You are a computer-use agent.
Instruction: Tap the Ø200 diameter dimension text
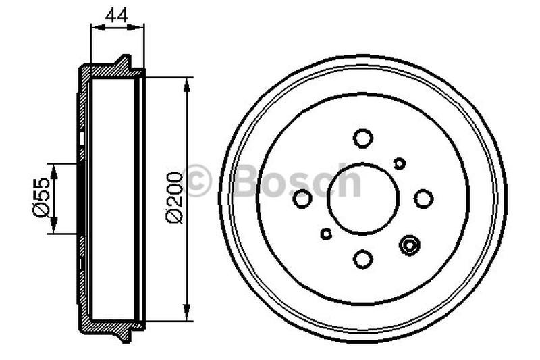173,197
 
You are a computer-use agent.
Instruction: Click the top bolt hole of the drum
363,138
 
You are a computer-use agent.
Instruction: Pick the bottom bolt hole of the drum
363,259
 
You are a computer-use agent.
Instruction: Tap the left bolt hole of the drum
303,199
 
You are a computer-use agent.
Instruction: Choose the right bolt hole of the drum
423,198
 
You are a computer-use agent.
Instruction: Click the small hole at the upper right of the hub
399,163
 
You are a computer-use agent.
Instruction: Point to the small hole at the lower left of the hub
327,234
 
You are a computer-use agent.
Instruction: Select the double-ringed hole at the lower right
409,245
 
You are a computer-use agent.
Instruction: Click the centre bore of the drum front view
363,199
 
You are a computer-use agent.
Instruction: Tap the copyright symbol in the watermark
198,180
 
